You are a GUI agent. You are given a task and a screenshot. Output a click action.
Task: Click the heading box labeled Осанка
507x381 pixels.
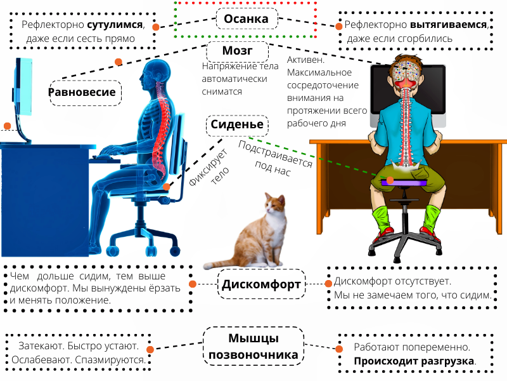tap(247, 19)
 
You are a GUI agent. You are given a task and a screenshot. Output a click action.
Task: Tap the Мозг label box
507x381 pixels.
tap(237, 51)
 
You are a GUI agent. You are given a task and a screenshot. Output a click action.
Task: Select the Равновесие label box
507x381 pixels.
tap(86, 93)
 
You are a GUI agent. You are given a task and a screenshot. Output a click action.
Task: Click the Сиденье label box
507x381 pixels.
tap(237, 124)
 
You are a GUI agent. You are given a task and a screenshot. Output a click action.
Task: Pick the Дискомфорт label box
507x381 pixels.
tap(261, 284)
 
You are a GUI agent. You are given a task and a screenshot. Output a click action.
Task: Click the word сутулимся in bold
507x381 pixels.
tap(115, 25)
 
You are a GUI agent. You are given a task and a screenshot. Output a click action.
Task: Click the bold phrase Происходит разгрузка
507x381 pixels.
tap(414, 361)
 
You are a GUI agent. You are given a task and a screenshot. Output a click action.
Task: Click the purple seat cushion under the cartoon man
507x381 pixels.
tap(404, 183)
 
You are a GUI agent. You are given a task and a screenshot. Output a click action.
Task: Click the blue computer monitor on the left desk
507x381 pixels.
tap(23, 87)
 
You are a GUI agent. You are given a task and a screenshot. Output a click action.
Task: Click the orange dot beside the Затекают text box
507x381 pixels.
tap(150, 349)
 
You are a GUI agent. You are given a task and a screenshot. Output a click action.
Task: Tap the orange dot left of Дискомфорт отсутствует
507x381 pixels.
tap(328, 283)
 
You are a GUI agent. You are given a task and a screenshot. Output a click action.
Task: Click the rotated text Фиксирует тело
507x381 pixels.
tap(209, 169)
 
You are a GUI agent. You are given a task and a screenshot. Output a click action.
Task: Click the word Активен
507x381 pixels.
tap(305, 60)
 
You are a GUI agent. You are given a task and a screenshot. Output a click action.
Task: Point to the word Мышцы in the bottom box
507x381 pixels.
tap(253, 338)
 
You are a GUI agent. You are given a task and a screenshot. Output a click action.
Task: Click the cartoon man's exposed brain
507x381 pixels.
tap(406, 70)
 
